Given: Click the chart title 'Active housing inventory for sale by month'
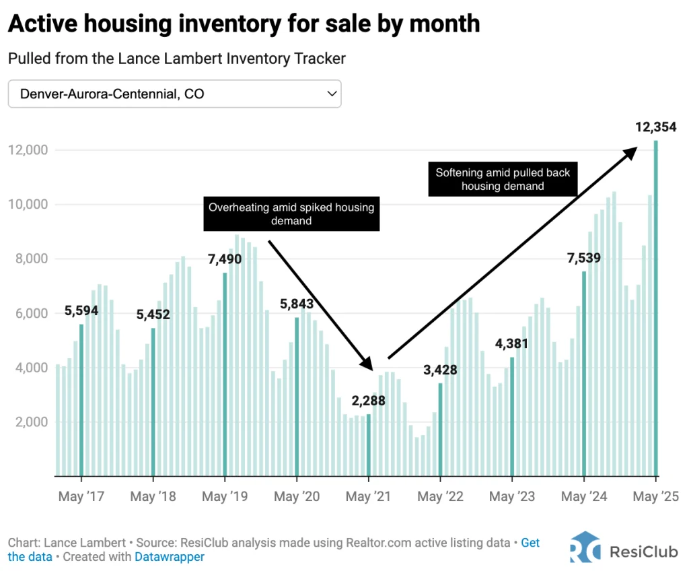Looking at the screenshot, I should [x=244, y=24].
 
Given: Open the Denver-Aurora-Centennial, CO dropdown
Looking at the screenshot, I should [x=174, y=94].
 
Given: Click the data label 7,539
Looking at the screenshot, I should [x=583, y=258].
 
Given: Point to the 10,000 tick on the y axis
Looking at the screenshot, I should [x=28, y=205].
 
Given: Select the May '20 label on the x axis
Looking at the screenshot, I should [x=297, y=497].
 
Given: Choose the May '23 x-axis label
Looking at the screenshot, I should [x=512, y=497].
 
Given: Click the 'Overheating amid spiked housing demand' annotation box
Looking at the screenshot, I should [x=291, y=214].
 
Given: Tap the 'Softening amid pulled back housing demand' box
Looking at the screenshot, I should [x=502, y=179].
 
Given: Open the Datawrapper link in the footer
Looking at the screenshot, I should [x=169, y=557].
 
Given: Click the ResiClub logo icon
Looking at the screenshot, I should [x=585, y=547].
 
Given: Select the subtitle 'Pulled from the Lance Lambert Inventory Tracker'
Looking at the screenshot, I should [x=177, y=59].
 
